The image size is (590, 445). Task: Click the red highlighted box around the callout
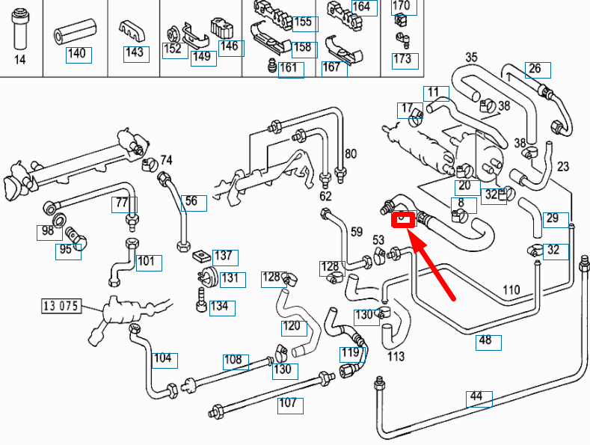point(403,219)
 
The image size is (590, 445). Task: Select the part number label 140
point(76,54)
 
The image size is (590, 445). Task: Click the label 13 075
point(61,306)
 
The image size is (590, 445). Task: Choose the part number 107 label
point(289,405)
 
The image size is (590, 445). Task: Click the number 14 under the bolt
point(20,60)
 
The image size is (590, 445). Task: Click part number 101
point(147,262)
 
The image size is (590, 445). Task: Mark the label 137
point(224,257)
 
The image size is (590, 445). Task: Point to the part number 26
point(536,70)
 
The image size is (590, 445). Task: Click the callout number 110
point(511,290)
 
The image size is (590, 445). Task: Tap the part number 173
point(402,59)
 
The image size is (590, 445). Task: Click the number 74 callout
point(166,160)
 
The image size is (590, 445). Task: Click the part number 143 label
point(134,53)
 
